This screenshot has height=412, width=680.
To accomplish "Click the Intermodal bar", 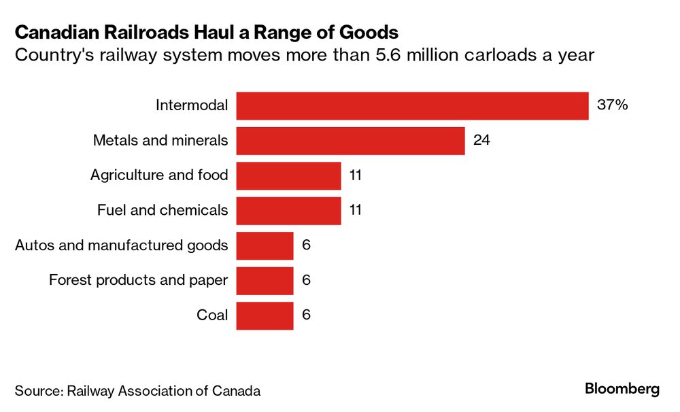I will pos(412,106).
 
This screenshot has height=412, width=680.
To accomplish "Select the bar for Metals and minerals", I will pos(350,141).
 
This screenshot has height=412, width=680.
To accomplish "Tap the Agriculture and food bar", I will pos(288,175).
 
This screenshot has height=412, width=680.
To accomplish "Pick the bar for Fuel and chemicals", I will pos(288,210).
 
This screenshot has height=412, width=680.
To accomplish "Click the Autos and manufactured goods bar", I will pos(265,245).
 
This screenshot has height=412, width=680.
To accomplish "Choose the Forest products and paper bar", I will pos(265,280).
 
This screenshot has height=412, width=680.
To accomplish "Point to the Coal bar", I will pos(265,315).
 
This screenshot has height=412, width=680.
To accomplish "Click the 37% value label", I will pos(613,106).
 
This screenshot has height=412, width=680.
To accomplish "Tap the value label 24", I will pos(482,141).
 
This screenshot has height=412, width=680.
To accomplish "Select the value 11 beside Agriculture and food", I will pos(355,175).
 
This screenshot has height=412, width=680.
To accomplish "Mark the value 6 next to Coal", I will pos(306,315).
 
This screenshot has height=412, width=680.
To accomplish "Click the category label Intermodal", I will pos(192,106).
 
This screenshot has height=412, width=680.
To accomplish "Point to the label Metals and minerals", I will pos(160,141).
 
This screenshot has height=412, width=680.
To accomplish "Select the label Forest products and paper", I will pos(138,280).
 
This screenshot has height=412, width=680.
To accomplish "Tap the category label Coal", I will pos(212,315).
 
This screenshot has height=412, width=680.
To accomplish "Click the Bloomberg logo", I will pos(622,389).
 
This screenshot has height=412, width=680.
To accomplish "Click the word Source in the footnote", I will pos(37,391).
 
